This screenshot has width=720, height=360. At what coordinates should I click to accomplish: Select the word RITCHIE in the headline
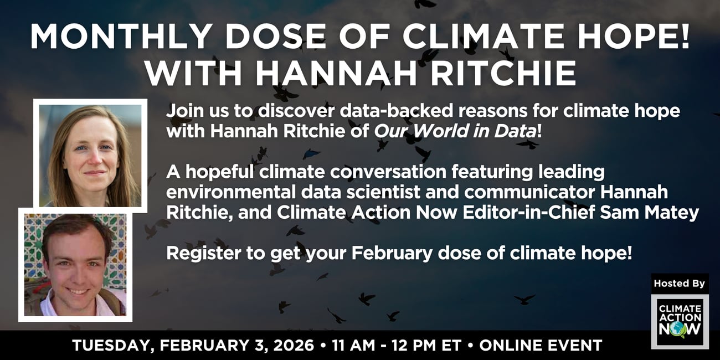(x=503, y=73)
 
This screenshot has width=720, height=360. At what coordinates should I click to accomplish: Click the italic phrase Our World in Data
(x=455, y=131)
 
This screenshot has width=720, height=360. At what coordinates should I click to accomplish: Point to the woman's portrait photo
(x=90, y=156)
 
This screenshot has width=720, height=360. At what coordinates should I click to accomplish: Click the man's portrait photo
(x=75, y=265)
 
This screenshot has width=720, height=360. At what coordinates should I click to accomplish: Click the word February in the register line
(x=392, y=253)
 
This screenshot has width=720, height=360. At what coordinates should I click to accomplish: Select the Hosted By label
(x=680, y=283)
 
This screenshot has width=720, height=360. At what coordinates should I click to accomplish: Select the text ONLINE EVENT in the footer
(x=541, y=345)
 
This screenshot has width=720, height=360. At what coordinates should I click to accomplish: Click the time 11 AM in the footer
(x=353, y=345)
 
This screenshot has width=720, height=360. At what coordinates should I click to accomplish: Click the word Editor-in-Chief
(x=529, y=212)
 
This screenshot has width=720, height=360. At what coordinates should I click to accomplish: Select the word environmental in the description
(x=231, y=192)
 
